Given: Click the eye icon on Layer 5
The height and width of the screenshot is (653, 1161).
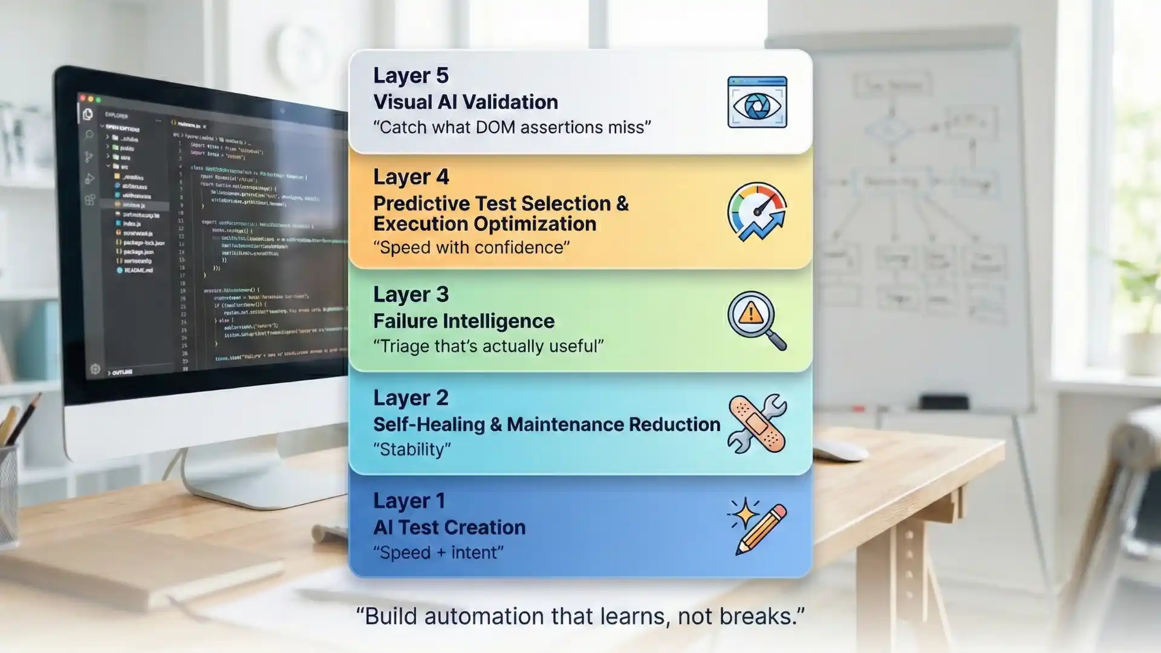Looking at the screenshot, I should (757, 102).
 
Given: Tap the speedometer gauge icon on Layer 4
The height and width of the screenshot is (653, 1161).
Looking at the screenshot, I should (757, 212).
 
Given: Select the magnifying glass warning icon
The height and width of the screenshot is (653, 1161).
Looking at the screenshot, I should (756, 320).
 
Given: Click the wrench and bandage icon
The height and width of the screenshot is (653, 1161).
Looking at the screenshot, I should (757, 424).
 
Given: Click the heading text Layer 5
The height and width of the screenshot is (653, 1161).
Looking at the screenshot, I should (411, 76).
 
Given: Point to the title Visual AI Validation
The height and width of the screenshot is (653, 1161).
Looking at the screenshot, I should (465, 102).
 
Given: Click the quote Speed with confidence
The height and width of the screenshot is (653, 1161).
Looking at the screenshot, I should (471, 248).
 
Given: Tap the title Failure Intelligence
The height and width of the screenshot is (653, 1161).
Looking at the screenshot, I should (463, 321).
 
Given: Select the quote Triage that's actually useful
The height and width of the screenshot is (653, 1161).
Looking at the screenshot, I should (488, 346).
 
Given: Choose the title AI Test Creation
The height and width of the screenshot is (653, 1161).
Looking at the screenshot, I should (449, 528).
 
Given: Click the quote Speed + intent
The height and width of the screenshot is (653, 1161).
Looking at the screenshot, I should (438, 553).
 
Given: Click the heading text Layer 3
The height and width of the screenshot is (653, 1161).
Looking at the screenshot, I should (411, 294).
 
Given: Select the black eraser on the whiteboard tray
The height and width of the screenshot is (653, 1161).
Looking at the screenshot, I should (943, 401).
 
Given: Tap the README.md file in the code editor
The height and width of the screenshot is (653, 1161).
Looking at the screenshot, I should (138, 270).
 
